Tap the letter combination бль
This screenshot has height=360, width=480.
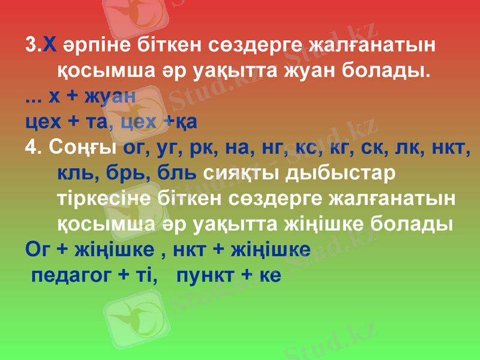pos(177,173)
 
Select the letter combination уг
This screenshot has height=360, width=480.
pos(172,148)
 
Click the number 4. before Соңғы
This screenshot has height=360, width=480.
pos(33,147)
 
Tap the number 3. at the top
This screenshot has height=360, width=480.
pos(33,45)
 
